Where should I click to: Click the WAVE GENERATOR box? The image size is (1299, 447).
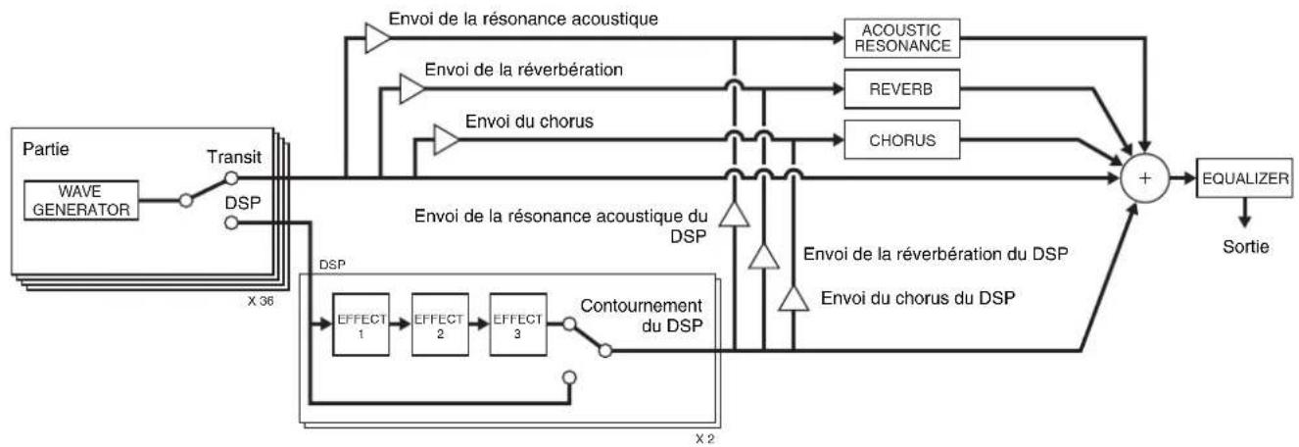[81, 200]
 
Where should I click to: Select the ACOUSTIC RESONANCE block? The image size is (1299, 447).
[902, 38]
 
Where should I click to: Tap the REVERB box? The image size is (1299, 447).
[902, 89]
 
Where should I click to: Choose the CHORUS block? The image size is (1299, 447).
[902, 140]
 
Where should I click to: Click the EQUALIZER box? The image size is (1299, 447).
[1244, 178]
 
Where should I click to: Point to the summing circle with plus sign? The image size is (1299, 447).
[1145, 178]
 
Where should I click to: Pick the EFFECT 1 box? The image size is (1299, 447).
[361, 324]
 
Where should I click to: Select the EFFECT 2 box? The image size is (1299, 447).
[440, 324]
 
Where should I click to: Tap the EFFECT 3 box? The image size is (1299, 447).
[518, 324]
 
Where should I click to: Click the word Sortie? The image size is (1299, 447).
[1246, 247]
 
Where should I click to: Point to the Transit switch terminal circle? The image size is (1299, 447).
[231, 177]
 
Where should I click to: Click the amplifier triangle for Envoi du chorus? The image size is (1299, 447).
[446, 140]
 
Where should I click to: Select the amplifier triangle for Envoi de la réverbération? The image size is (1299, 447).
[411, 89]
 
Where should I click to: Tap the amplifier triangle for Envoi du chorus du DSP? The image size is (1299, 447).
[794, 299]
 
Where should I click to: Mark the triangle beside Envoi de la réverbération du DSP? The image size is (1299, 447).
[764, 257]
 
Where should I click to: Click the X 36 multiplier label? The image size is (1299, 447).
[261, 301]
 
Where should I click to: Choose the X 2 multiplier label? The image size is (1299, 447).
[705, 439]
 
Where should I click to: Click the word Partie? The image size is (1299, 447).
[46, 149]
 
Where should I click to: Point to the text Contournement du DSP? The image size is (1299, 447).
[642, 316]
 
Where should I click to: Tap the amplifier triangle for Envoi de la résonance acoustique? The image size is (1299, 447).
[377, 38]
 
